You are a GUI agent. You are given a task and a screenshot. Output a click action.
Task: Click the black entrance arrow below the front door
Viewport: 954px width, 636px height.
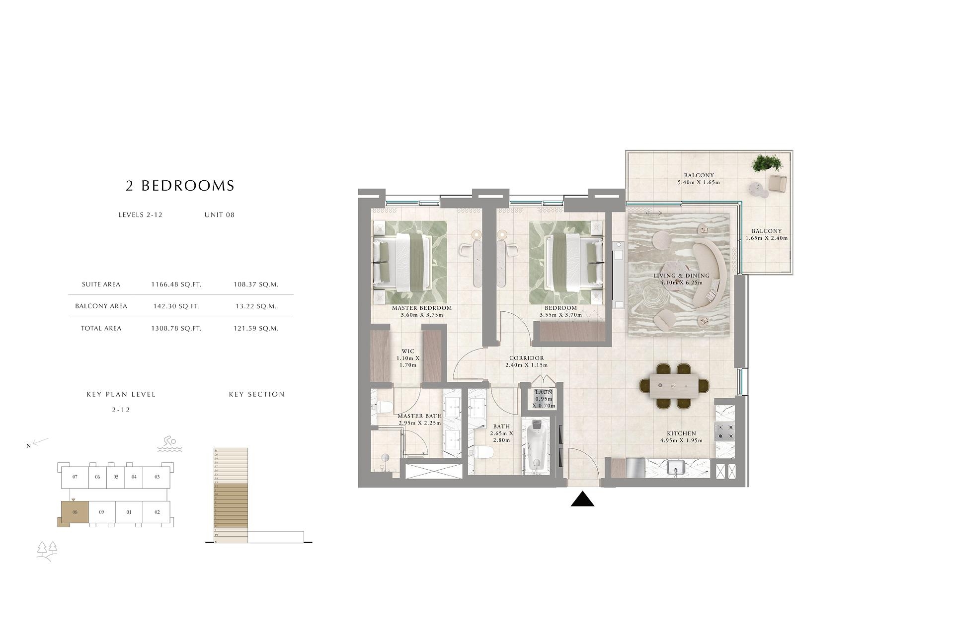(x=582, y=500)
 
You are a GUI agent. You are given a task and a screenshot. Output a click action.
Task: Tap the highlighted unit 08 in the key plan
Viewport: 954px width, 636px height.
(x=75, y=512)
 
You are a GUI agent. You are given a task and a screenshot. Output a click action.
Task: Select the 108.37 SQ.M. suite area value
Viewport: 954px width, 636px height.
(x=256, y=284)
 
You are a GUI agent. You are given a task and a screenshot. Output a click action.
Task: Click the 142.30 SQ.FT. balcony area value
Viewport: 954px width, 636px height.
(x=176, y=306)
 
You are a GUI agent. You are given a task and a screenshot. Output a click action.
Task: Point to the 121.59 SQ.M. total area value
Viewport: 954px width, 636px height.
(x=256, y=328)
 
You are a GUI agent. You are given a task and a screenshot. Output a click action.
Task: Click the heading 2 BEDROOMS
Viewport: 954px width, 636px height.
(x=180, y=186)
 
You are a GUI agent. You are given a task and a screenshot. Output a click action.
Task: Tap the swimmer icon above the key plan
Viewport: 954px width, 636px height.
(x=169, y=444)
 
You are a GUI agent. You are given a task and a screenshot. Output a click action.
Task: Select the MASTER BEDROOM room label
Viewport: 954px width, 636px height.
(x=421, y=308)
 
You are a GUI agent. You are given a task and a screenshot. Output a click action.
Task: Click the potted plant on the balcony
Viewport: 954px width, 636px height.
(x=766, y=163)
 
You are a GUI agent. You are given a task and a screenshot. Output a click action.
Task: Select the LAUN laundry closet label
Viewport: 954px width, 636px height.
(x=544, y=392)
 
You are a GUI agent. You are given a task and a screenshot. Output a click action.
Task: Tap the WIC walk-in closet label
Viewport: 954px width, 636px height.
(x=407, y=352)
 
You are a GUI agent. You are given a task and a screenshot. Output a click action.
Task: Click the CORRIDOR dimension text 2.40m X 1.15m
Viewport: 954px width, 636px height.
(x=526, y=365)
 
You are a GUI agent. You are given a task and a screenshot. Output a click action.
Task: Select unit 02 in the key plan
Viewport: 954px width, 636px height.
(x=157, y=512)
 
